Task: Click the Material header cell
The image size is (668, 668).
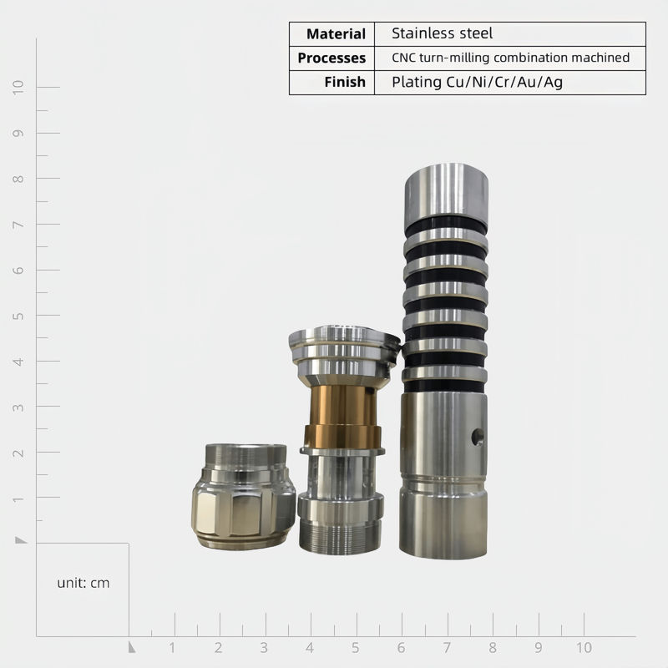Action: point(336,34)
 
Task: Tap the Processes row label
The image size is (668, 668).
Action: point(331,58)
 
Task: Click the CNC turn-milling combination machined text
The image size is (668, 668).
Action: point(510,58)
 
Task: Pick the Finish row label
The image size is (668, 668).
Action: point(345,82)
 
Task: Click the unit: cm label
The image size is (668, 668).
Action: point(83,583)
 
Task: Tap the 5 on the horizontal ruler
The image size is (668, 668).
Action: point(356,648)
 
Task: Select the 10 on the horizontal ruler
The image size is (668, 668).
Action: point(584,648)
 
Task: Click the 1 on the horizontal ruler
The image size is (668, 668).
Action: point(172,648)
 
